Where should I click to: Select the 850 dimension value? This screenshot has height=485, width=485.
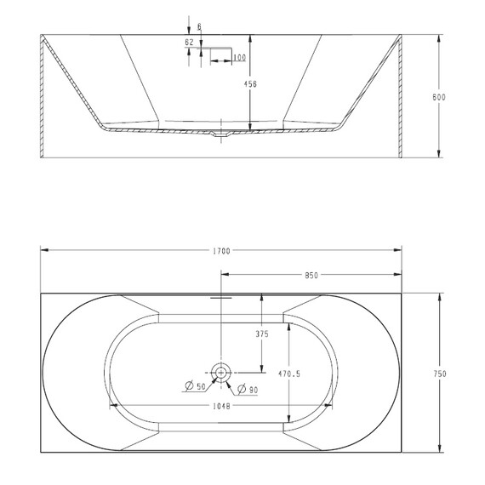tap(311, 275)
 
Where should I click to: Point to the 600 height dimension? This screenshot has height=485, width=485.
tap(439, 98)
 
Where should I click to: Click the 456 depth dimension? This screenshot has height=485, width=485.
tap(250, 84)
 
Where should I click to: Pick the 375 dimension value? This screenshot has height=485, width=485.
tap(261, 334)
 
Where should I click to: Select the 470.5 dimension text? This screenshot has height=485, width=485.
tap(290, 373)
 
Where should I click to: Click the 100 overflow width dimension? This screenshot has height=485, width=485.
tap(239, 58)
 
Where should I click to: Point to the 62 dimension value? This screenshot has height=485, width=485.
tap(188, 43)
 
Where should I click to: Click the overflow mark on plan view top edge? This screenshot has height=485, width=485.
tap(220, 296)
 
